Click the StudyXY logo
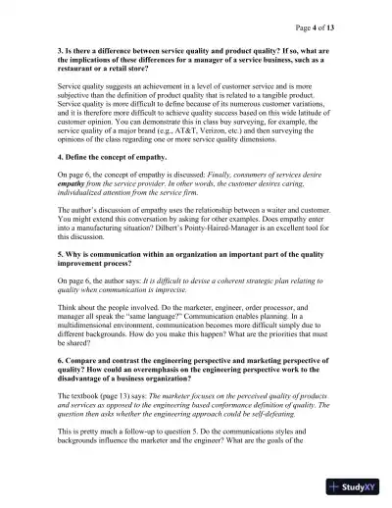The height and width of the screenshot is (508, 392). point(357,487)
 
